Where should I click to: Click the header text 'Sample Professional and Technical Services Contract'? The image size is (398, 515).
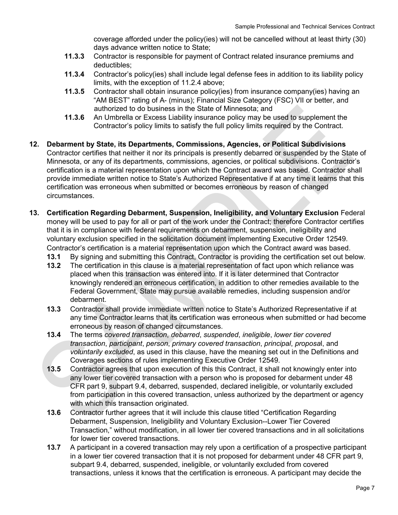click(x=305, y=26)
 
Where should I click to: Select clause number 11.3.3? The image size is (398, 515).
click(x=74, y=57)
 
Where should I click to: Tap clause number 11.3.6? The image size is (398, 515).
click(x=74, y=118)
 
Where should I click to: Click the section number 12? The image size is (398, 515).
click(x=34, y=144)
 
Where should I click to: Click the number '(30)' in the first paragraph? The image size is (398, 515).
click(x=359, y=39)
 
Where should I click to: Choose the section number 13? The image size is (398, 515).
click(x=34, y=213)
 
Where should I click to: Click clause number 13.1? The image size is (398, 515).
click(x=54, y=257)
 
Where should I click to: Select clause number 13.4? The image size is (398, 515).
click(x=54, y=335)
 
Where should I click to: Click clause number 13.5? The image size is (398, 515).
click(x=54, y=369)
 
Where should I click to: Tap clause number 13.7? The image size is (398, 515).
click(x=54, y=448)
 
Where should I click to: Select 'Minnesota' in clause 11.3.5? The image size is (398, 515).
click(x=238, y=109)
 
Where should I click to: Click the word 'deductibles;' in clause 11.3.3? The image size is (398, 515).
click(x=113, y=65)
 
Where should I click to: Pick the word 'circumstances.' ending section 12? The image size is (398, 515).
click(x=70, y=196)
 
